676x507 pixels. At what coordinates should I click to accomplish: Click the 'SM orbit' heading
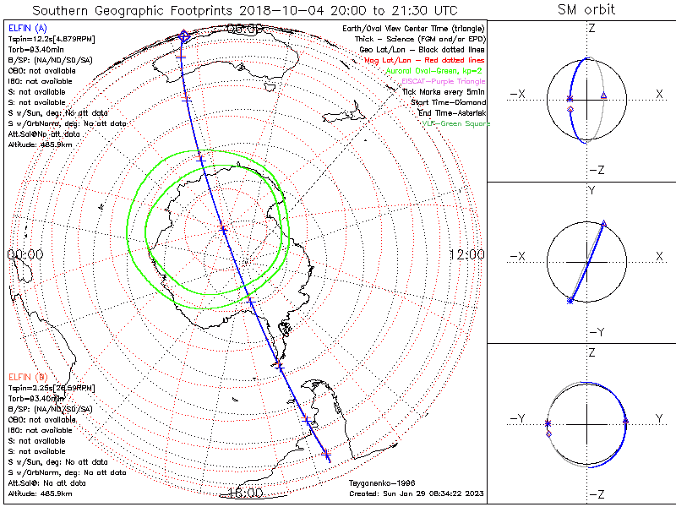[x=586, y=10]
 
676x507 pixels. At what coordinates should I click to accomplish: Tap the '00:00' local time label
[x=25, y=254]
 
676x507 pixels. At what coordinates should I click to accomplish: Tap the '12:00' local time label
[x=466, y=254]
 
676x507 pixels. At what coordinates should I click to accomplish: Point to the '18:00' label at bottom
[x=245, y=493]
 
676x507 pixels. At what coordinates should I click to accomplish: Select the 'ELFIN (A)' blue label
[x=26, y=29]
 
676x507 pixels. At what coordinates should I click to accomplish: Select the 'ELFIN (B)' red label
[x=26, y=375]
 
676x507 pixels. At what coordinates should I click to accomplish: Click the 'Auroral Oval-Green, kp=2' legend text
[x=433, y=72]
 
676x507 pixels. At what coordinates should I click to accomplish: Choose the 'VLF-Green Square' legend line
[x=455, y=123]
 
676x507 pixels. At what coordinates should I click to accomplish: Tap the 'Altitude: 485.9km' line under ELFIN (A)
[x=37, y=145]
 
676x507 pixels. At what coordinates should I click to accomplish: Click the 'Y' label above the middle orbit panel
[x=591, y=190]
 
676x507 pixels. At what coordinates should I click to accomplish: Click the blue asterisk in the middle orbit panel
[x=570, y=300]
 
